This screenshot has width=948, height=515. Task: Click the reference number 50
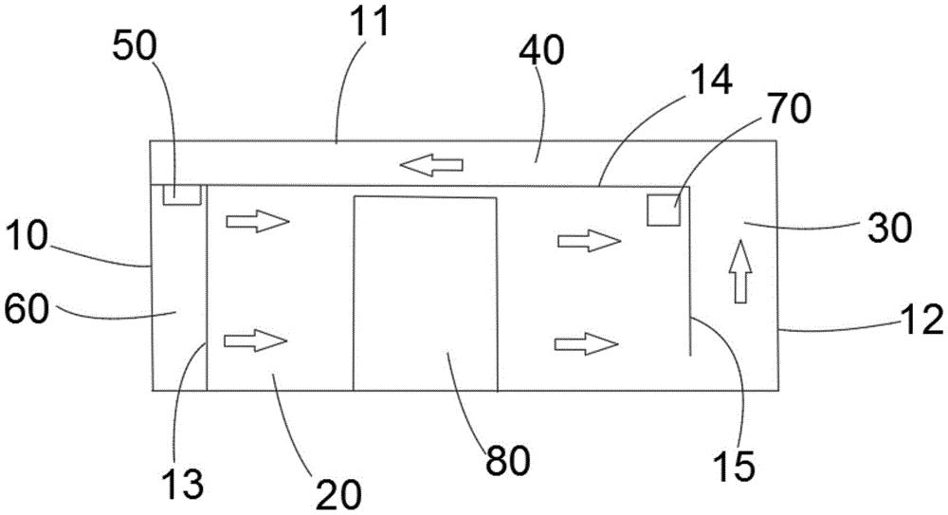point(135,46)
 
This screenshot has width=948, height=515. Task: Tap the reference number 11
point(370,21)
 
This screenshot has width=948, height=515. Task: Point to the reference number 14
point(711,79)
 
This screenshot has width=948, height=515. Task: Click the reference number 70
point(789,109)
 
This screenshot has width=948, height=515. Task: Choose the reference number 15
point(734,466)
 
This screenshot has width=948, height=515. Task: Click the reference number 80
point(508,460)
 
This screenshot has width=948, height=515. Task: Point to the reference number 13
point(183,483)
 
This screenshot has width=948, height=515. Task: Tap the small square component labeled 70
point(664,210)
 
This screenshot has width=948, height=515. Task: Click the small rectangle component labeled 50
point(182,194)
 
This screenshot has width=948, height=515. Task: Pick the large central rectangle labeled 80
point(426,293)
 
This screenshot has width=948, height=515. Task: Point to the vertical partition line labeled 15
point(690,270)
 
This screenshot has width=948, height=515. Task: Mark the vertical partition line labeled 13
point(207,288)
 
